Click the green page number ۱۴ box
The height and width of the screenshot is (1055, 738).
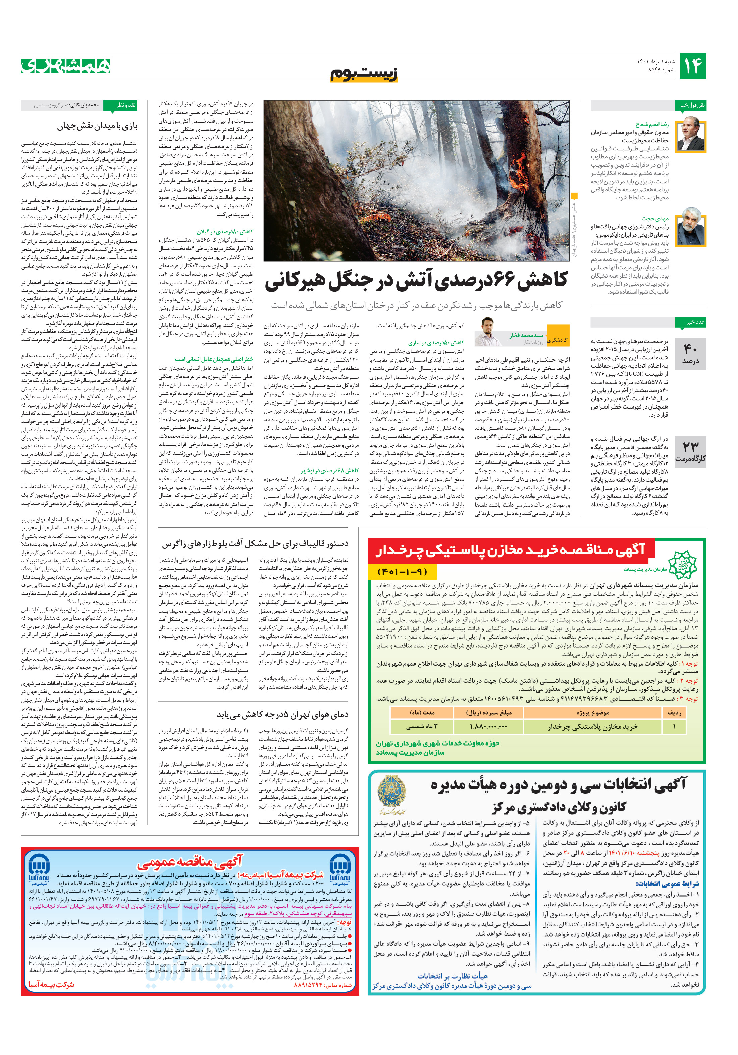click(x=692, y=66)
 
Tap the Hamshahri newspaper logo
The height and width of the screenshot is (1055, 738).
click(x=66, y=66)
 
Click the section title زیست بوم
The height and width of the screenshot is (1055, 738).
click(x=364, y=74)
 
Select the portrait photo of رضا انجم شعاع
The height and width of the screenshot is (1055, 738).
click(x=691, y=134)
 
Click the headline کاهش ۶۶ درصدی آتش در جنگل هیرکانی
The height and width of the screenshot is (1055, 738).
click(x=416, y=281)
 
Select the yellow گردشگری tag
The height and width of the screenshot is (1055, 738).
click(x=558, y=340)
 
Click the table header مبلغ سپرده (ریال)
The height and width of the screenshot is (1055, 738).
click(x=488, y=712)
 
